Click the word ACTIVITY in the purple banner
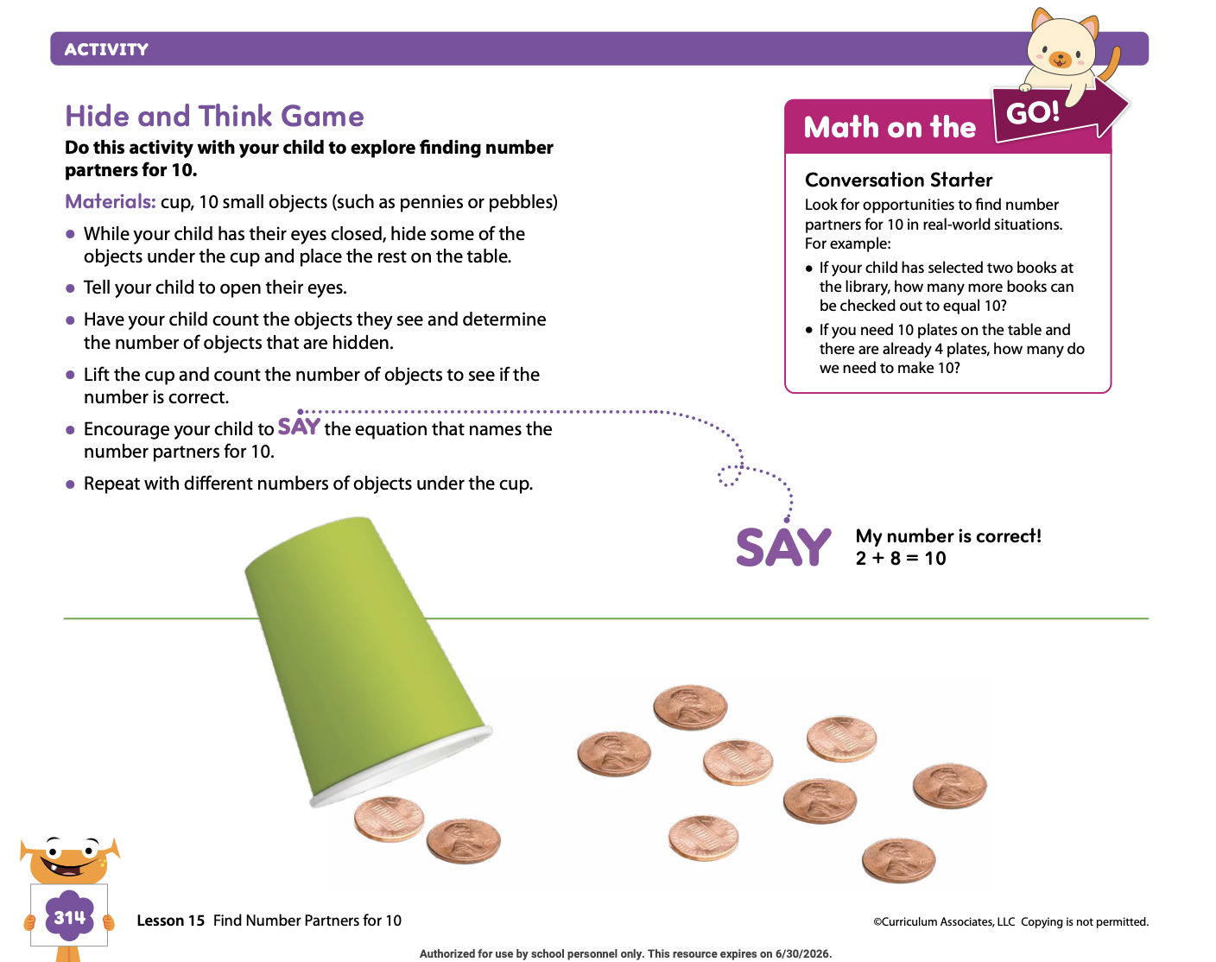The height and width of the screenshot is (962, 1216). coord(106,49)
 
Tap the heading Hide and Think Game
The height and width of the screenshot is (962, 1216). coord(214,116)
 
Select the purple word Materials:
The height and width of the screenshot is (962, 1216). coord(111,202)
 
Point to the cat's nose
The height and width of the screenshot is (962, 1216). coord(1060,57)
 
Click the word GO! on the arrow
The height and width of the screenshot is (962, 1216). coord(1033,112)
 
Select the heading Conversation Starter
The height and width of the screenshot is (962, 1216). coord(898,180)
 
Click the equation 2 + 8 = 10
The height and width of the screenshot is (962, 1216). coord(901,559)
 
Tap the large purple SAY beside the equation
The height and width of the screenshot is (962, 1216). coord(783,547)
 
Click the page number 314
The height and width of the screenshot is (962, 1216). coord(69,917)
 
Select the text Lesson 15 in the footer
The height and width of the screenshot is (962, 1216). coord(171,921)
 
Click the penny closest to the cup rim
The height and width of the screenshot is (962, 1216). coord(389,819)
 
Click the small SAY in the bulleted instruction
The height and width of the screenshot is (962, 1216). coord(299,427)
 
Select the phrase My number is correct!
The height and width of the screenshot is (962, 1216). coord(948,535)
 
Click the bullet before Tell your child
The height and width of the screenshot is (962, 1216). coord(70,288)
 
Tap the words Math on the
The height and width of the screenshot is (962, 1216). coord(890,127)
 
